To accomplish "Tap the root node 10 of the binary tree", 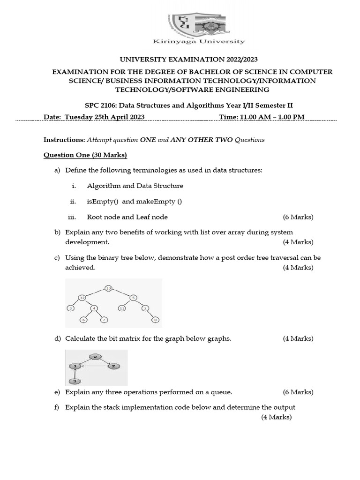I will [x=108, y=288].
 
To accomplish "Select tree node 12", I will [x=82, y=298].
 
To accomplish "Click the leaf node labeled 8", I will [x=156, y=320].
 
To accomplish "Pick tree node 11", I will [x=121, y=308].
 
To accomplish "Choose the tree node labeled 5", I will [x=134, y=298].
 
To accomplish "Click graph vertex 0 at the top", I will [x=95, y=356].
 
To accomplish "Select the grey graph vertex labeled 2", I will [x=112, y=366].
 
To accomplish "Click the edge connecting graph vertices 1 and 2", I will [x=93, y=366].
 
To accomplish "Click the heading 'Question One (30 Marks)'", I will [x=85, y=155].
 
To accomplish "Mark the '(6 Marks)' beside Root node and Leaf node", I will [x=298, y=217].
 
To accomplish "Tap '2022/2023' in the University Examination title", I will [x=236, y=59].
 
